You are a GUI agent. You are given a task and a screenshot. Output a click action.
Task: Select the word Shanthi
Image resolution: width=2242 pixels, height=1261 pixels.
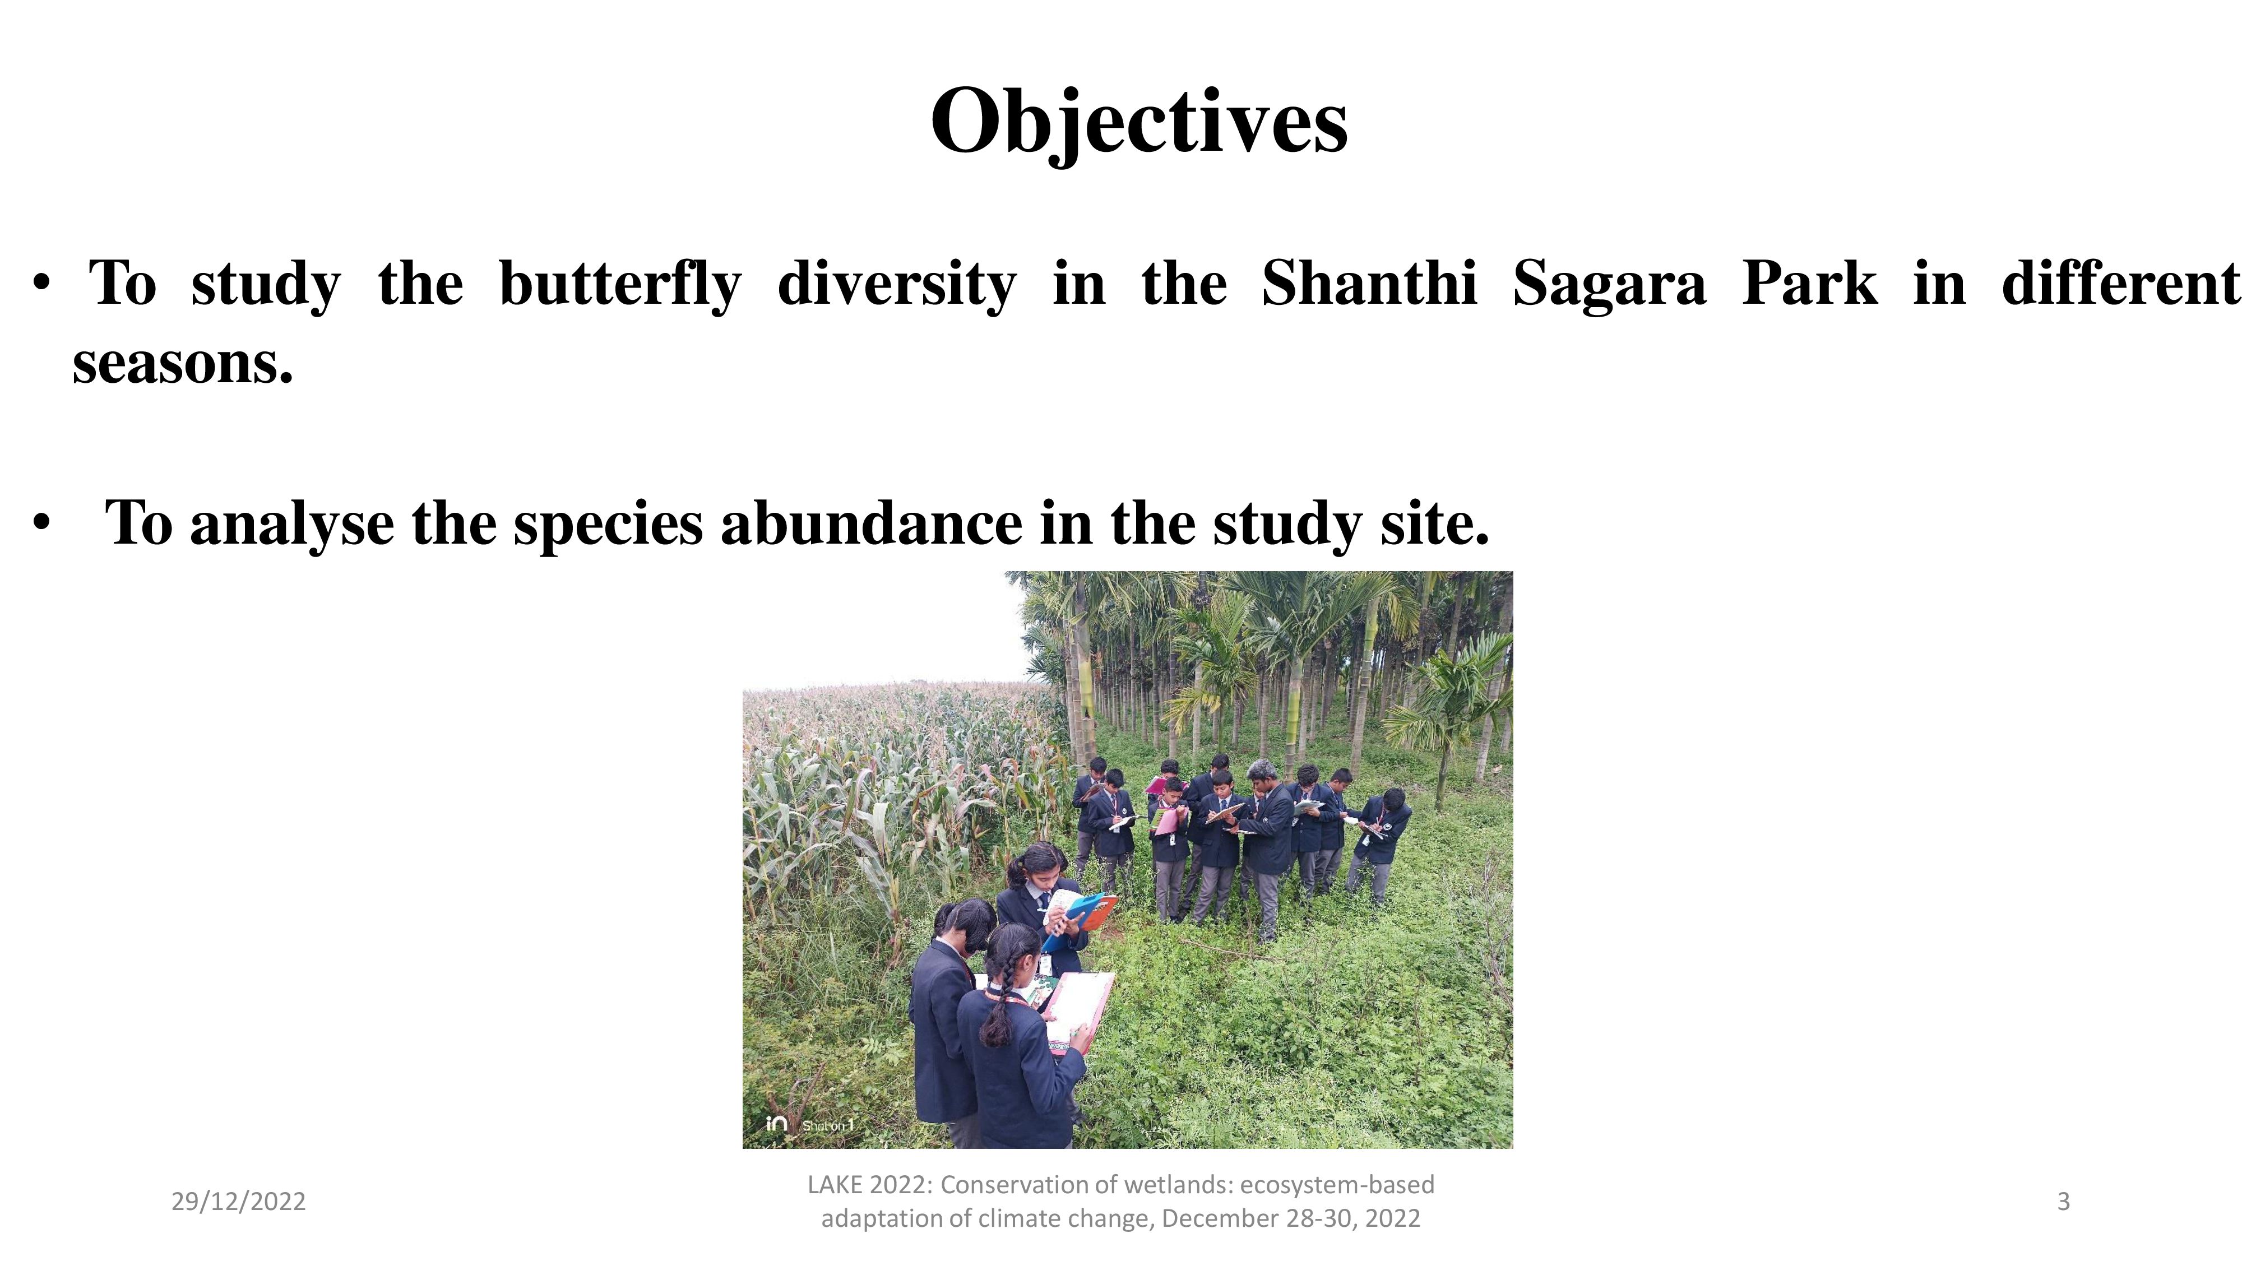[1369, 283]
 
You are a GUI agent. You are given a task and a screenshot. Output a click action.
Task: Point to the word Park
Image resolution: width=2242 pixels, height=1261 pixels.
[1809, 283]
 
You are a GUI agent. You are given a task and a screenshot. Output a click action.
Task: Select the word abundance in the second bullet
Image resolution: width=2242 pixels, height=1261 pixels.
[871, 524]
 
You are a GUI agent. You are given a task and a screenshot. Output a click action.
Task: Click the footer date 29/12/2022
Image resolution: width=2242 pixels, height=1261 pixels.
[238, 1202]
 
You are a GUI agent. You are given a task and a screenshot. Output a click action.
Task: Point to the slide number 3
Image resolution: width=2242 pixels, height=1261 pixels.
[2063, 1202]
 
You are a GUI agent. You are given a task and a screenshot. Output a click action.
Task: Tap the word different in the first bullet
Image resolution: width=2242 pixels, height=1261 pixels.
[2121, 283]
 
